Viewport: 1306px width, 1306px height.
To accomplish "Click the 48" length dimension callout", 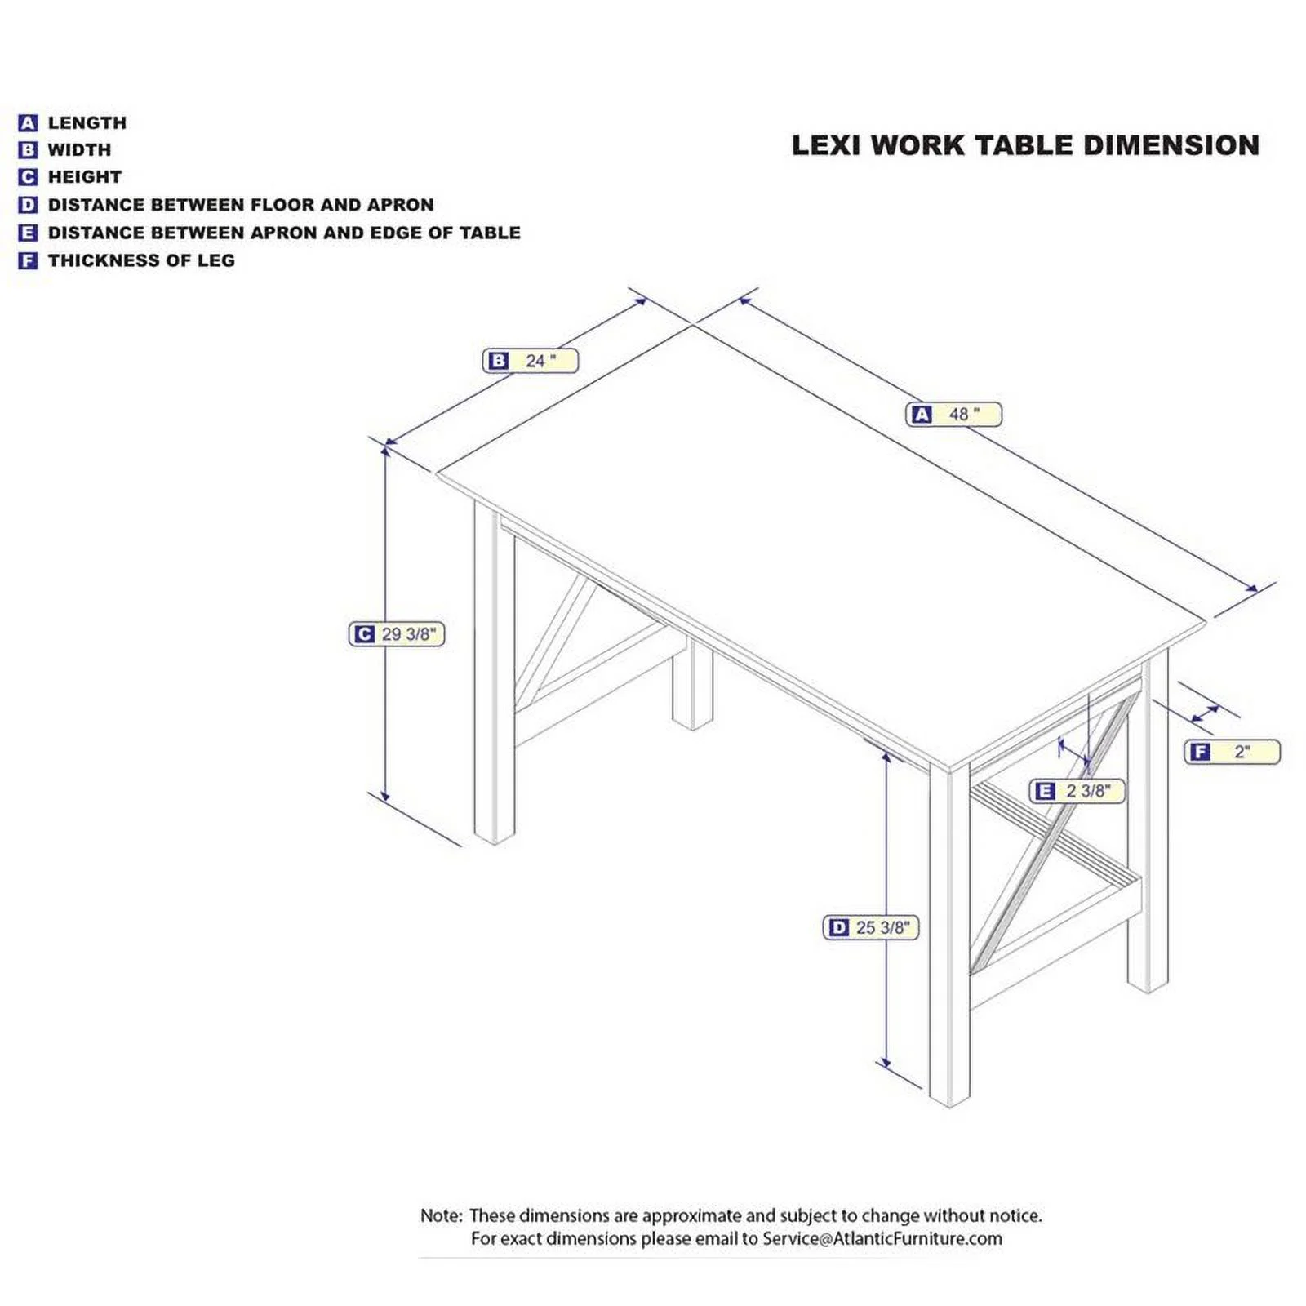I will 953,415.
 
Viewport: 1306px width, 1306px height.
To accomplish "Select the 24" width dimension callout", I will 530,361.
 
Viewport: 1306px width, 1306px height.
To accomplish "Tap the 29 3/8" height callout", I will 397,634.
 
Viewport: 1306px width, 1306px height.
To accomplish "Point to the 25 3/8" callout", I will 870,927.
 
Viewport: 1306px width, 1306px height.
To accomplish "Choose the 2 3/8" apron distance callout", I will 1077,791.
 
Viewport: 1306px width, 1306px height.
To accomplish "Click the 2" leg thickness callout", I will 1232,752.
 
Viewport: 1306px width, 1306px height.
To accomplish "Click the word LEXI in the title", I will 826,145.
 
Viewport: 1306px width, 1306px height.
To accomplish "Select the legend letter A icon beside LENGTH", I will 28,123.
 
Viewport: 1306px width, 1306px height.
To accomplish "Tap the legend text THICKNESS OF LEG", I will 141,260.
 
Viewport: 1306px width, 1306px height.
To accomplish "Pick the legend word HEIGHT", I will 85,177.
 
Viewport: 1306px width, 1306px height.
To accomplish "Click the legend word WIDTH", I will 79,150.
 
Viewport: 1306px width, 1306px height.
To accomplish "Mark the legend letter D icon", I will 28,205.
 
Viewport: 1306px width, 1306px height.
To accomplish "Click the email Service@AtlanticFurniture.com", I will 882,1238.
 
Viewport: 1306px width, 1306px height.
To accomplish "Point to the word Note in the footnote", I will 441,1215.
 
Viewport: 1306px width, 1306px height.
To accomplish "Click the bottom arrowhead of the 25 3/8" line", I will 886,1063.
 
